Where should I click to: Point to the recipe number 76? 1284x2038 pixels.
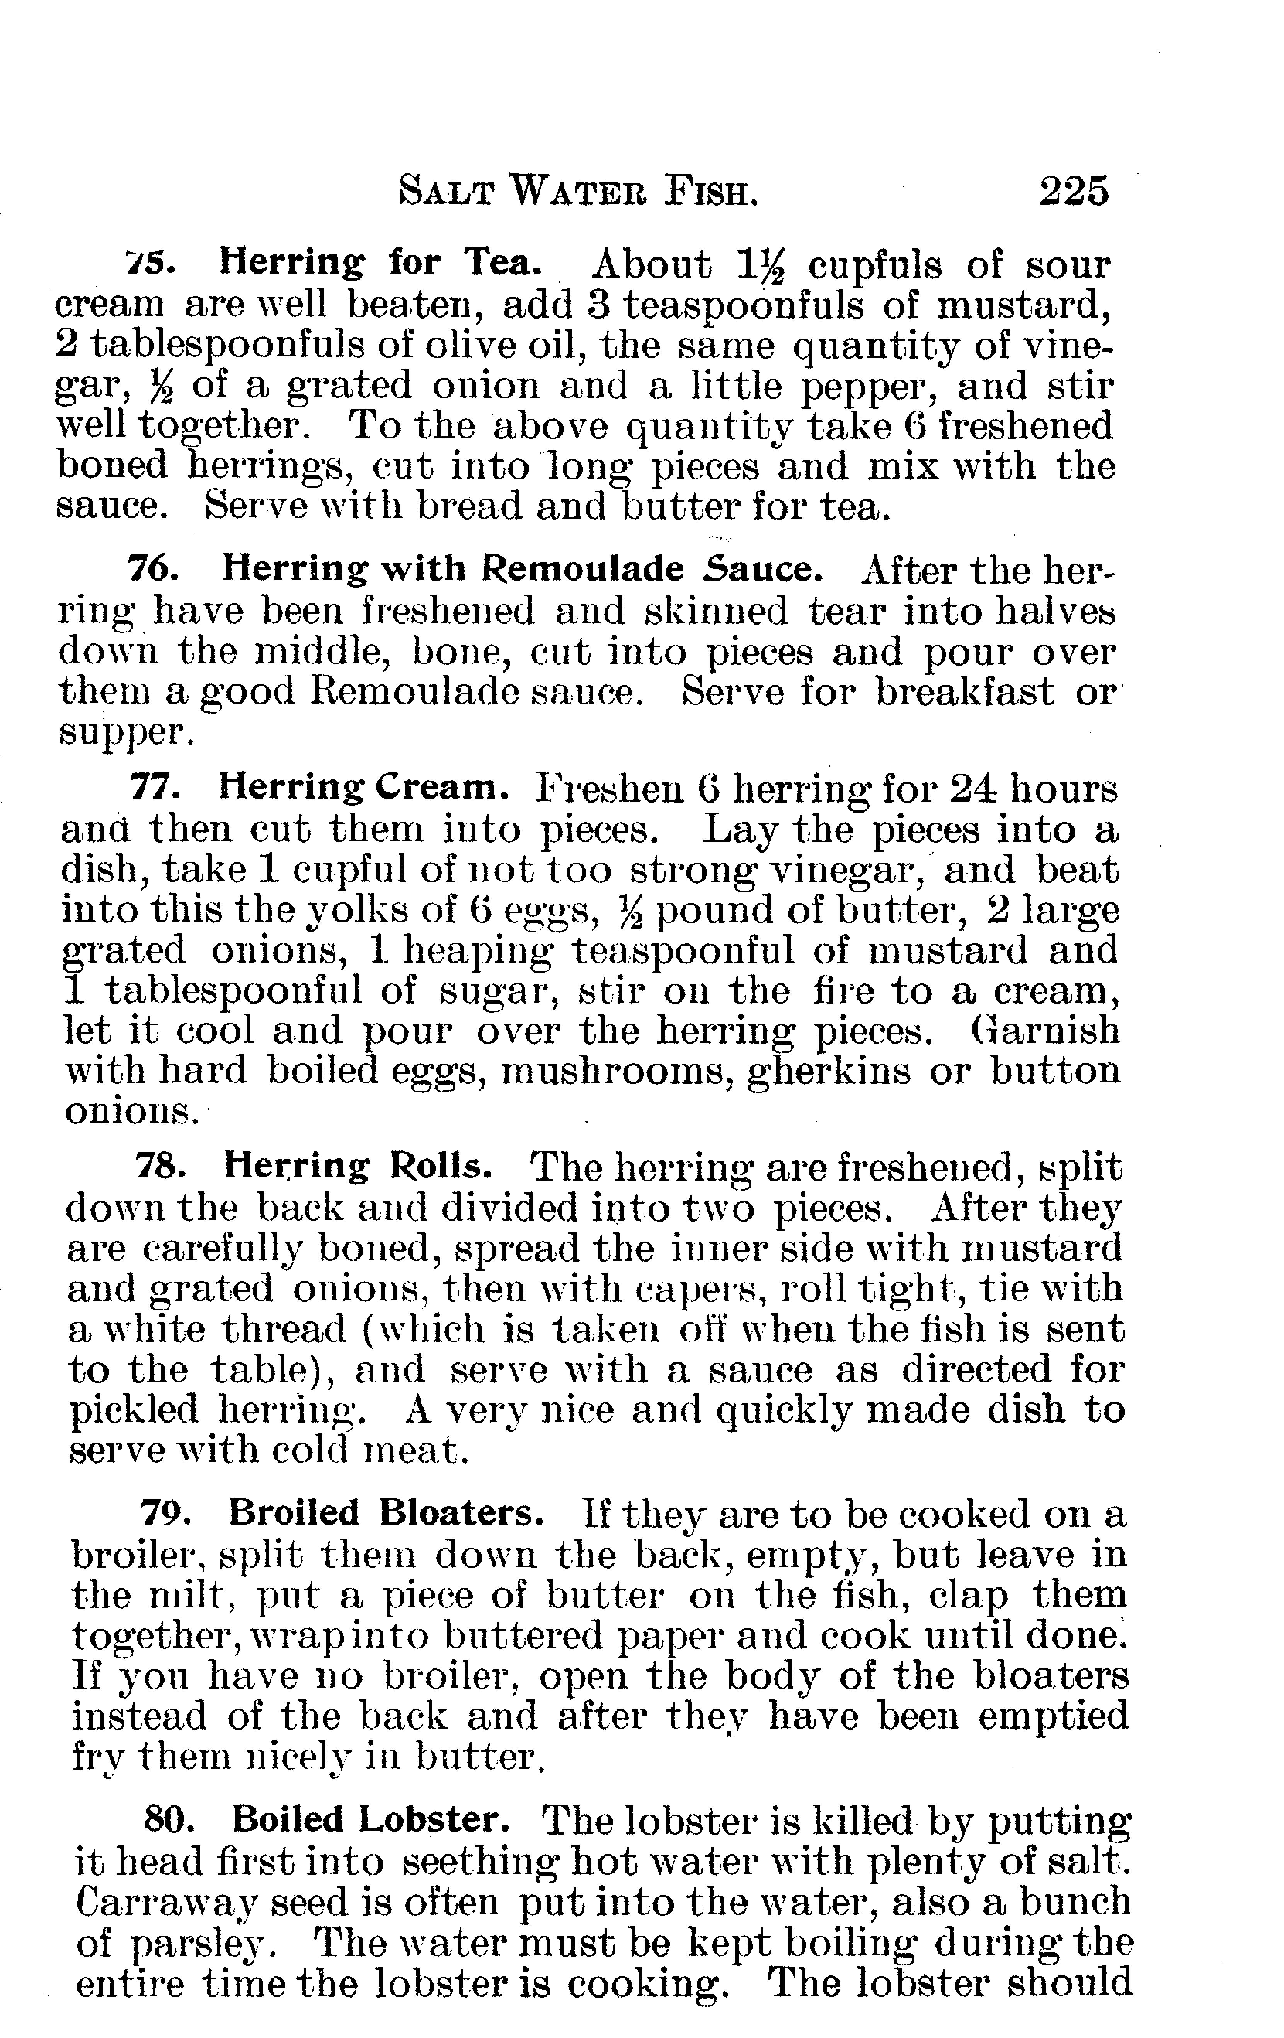coord(152,569)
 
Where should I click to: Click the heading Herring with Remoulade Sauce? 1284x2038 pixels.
coord(522,569)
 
